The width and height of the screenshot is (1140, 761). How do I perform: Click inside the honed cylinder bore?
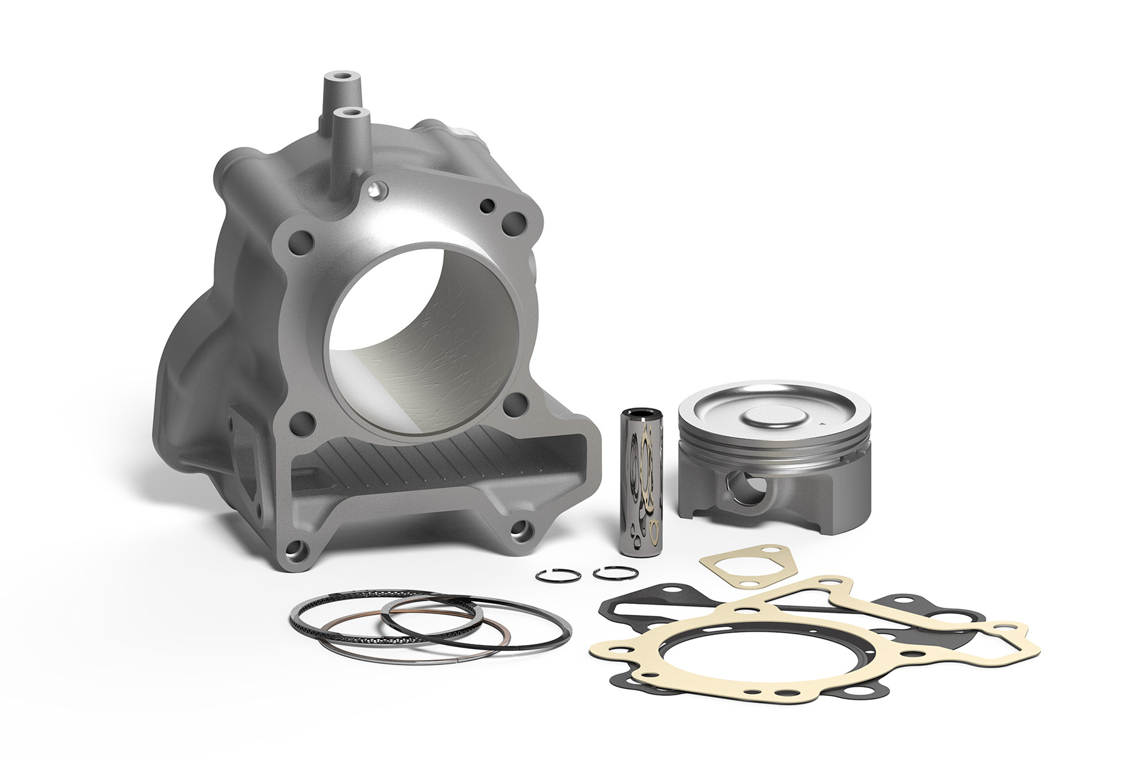pyautogui.click(x=425, y=335)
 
